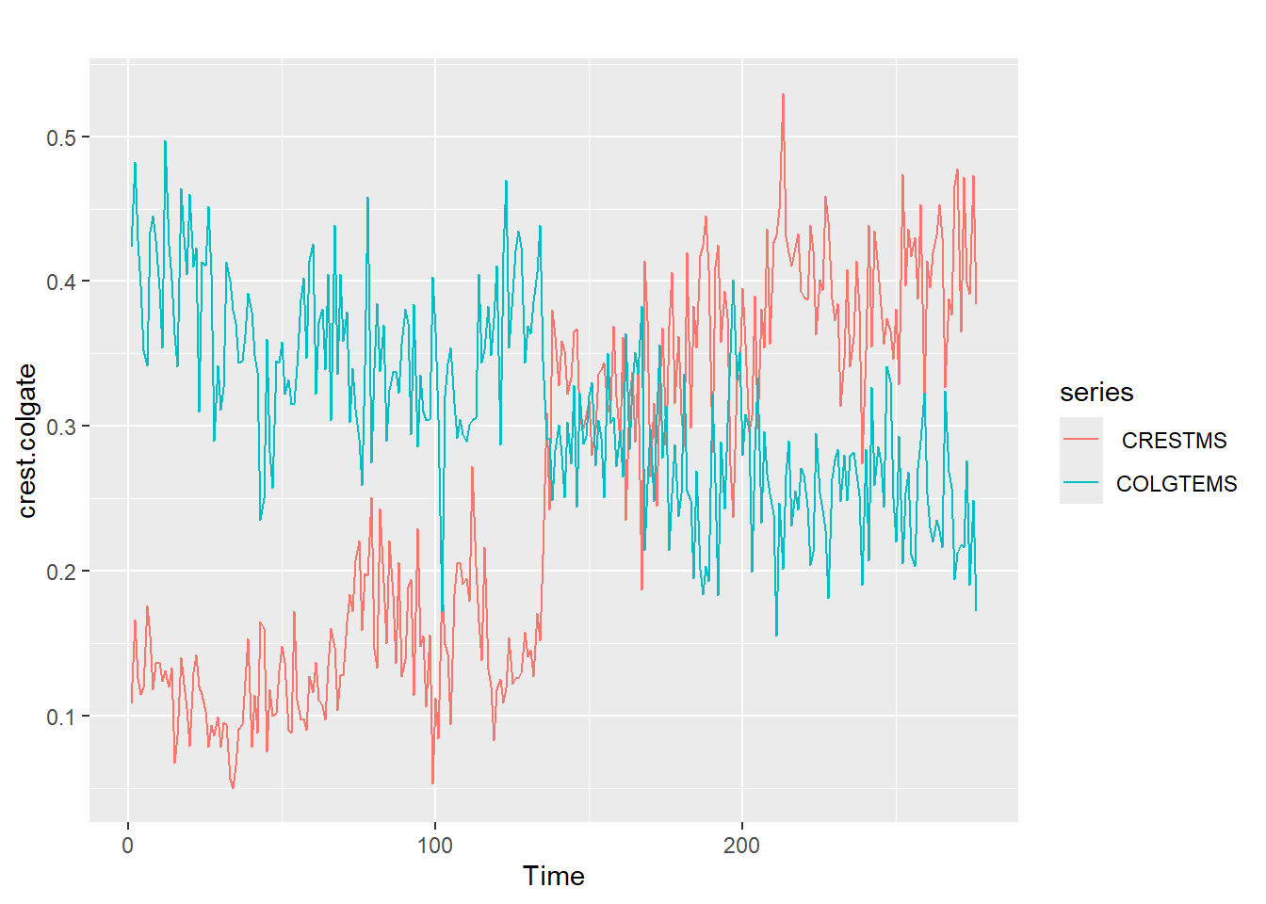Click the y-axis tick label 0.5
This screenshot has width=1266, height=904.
click(61, 137)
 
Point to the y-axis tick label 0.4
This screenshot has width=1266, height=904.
click(61, 282)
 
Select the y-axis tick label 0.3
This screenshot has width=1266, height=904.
click(61, 428)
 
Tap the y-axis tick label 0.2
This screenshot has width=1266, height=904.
click(61, 573)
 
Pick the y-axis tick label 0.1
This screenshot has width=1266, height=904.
click(61, 718)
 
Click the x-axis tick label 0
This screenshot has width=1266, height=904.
click(128, 846)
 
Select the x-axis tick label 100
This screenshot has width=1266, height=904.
click(434, 846)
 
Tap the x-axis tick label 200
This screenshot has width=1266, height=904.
click(741, 846)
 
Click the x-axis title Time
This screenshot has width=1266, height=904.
click(554, 877)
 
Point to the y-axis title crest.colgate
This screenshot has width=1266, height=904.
click(27, 441)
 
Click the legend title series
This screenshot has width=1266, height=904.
click(1096, 393)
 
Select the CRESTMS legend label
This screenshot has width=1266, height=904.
click(1174, 441)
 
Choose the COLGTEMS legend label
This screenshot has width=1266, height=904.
click(1177, 484)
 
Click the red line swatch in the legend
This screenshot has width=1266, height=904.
click(1080, 440)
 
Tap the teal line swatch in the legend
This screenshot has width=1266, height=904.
click(1080, 483)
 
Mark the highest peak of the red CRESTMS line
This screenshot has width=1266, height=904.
click(782, 94)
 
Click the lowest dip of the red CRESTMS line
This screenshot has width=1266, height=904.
click(433, 783)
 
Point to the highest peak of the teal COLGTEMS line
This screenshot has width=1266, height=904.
click(165, 141)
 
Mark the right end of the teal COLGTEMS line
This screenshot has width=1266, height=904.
click(976, 610)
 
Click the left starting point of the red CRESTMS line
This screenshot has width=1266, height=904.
click(131, 702)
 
